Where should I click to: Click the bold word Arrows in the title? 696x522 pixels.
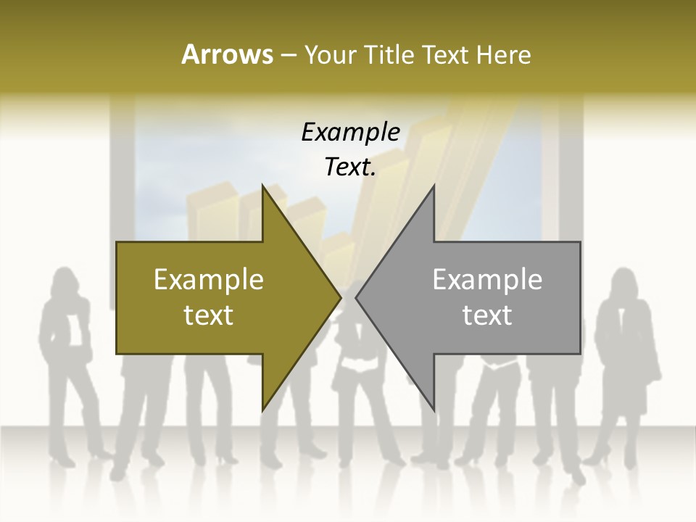coord(227,54)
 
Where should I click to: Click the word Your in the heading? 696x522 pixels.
coord(330,54)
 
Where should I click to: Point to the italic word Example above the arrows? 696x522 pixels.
coord(350,132)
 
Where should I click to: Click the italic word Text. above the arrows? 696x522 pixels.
coord(350,167)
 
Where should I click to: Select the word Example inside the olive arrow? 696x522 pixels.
coord(209,279)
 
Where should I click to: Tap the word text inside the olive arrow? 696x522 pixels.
coord(209,315)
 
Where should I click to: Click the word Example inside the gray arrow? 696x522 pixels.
coord(487,279)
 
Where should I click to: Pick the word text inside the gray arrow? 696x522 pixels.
coord(487,315)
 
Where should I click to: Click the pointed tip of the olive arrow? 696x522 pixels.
coord(340,297)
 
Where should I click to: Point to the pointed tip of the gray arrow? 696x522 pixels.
coord(357,297)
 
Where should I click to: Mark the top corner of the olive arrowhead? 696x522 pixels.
coord(263,186)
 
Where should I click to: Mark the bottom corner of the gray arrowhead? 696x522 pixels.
coord(434,410)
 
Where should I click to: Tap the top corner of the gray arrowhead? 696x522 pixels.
coord(434,186)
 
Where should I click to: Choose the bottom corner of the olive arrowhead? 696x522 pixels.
coord(263,410)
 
